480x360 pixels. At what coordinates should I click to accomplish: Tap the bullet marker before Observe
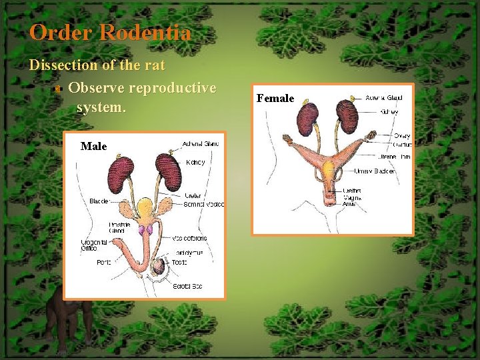[58, 89]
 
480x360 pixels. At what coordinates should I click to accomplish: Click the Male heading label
[93, 146]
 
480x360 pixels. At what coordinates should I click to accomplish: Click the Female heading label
[275, 99]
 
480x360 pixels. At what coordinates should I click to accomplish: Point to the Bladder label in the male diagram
[99, 201]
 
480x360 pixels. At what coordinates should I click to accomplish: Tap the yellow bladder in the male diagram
[145, 210]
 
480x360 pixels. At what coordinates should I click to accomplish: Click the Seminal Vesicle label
[205, 204]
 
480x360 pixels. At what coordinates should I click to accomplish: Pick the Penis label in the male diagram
[103, 263]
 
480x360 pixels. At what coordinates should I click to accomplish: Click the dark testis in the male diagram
[157, 267]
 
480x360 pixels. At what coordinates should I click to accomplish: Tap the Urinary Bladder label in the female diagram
[374, 171]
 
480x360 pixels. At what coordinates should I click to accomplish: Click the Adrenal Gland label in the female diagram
[384, 98]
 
